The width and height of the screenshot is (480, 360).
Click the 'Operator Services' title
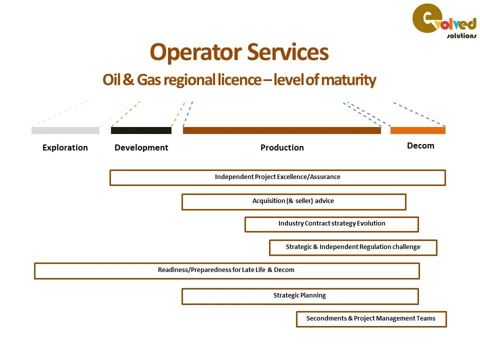click(239, 52)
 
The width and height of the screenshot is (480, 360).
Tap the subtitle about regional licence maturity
click(239, 80)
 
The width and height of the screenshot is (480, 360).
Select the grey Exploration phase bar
click(65, 130)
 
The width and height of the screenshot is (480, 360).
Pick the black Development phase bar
click(141, 130)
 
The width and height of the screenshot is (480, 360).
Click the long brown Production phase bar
click(281, 130)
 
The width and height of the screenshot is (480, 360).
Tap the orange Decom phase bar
click(417, 130)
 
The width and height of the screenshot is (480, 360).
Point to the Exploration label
click(65, 147)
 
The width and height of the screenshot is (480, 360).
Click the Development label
click(141, 147)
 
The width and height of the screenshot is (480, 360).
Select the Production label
click(282, 147)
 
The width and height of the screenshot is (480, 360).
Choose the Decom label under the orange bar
click(420, 145)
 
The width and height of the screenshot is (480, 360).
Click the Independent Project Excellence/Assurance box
click(277, 177)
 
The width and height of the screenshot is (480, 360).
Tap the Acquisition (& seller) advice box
click(293, 201)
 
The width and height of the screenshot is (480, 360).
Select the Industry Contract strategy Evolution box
click(331, 224)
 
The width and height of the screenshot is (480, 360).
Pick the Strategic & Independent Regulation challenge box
click(353, 247)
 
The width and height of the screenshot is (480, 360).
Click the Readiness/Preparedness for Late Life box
click(226, 270)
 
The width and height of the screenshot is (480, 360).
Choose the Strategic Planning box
click(299, 296)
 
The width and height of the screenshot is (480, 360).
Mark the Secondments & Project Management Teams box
click(371, 319)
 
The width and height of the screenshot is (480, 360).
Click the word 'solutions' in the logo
click(461, 36)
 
